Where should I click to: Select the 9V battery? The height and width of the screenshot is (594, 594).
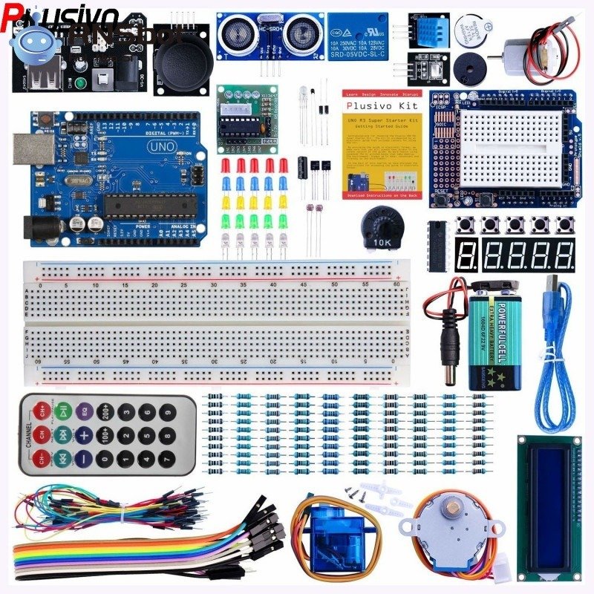(x=493, y=340)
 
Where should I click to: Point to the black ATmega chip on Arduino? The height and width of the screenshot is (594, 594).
(x=148, y=204)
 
